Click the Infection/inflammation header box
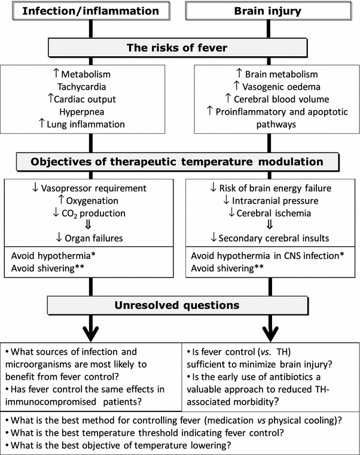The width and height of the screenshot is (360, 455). click(x=90, y=11)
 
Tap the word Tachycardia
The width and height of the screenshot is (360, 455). click(x=90, y=87)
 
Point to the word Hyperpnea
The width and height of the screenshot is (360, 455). click(x=90, y=112)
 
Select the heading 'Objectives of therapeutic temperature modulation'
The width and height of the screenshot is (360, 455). click(x=178, y=162)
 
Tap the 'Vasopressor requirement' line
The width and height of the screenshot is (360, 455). click(x=90, y=189)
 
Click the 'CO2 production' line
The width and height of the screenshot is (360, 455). click(x=90, y=214)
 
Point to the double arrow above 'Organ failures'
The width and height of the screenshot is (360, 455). click(x=90, y=226)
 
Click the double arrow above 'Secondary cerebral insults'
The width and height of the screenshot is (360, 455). click(x=271, y=226)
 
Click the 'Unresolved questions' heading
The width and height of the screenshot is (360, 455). click(x=178, y=306)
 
